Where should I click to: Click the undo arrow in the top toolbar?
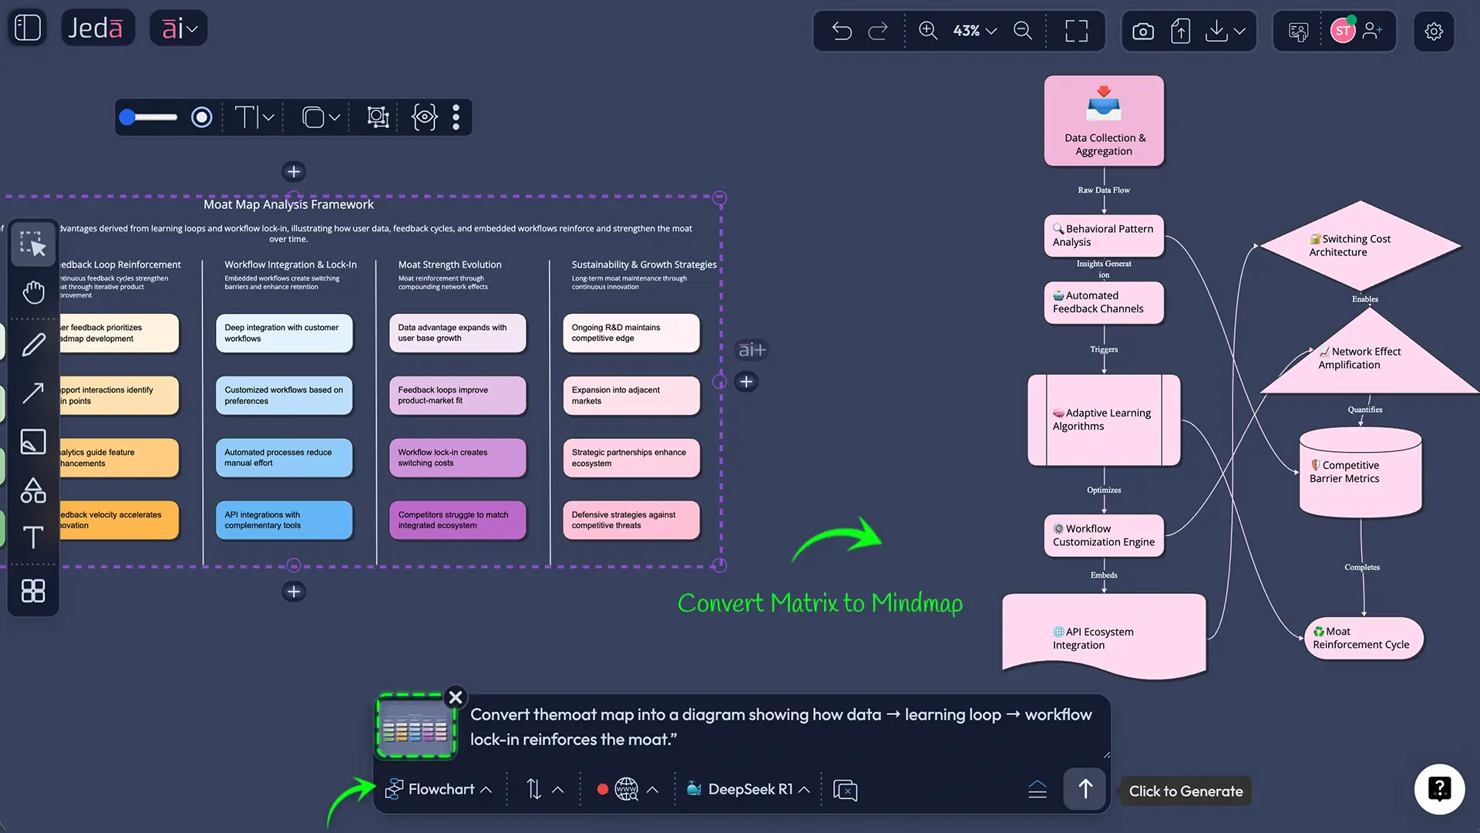pyautogui.click(x=842, y=31)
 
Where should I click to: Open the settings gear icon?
pyautogui.click(x=1433, y=31)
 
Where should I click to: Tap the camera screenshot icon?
pyautogui.click(x=1142, y=31)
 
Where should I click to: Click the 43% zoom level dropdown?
pyautogui.click(x=974, y=31)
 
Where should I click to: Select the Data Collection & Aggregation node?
pyautogui.click(x=1104, y=121)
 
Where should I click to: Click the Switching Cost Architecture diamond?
pyautogui.click(x=1360, y=245)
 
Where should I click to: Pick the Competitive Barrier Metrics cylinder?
pyautogui.click(x=1360, y=472)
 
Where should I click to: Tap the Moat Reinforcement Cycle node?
pyautogui.click(x=1363, y=638)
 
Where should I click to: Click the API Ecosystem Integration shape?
pyautogui.click(x=1104, y=637)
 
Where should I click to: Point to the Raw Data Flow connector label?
pyautogui.click(x=1104, y=190)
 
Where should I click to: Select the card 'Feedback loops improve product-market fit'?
pyautogui.click(x=457, y=395)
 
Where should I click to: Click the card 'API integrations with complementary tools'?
pyautogui.click(x=284, y=520)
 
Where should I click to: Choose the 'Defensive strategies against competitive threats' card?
pyautogui.click(x=631, y=520)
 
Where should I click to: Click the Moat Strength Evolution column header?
pyautogui.click(x=449, y=265)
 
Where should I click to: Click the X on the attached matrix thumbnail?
pyautogui.click(x=456, y=697)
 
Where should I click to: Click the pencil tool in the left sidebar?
pyautogui.click(x=33, y=345)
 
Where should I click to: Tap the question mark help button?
pyautogui.click(x=1439, y=789)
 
